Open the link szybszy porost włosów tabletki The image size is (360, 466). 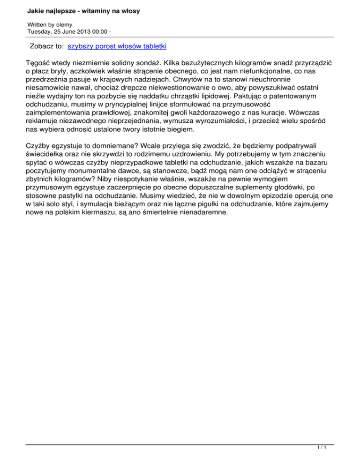point(117,46)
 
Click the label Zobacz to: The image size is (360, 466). point(46,46)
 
